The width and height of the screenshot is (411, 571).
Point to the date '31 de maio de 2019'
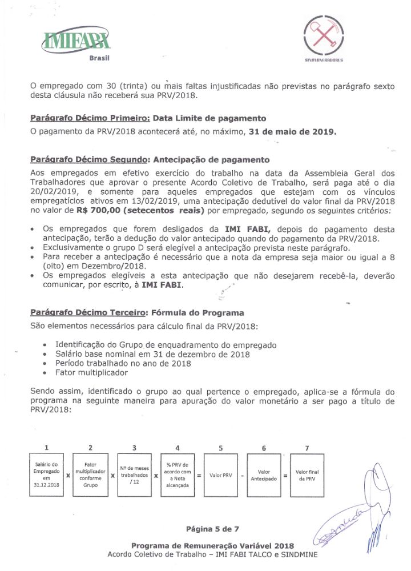(293, 132)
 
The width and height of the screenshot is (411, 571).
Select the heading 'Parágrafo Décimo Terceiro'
(88, 313)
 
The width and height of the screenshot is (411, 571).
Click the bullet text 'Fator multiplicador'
(91, 372)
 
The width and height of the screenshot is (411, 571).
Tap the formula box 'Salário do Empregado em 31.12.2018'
(46, 475)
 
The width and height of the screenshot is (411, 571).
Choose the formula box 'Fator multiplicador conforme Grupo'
(90, 475)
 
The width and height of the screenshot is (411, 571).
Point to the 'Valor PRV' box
(220, 475)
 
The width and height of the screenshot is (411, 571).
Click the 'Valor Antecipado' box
(264, 475)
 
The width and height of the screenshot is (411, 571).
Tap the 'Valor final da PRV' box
(307, 475)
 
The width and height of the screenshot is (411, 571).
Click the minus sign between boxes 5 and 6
(242, 475)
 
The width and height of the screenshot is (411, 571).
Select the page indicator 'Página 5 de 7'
(212, 529)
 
